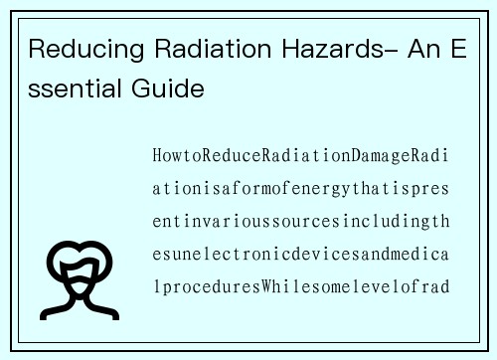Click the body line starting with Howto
coord(301,156)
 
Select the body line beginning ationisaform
coord(301,189)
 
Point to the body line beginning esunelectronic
coord(301,255)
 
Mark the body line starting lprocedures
coord(301,287)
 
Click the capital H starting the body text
coord(158,156)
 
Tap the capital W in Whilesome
coord(268,287)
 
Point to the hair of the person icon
coord(81,251)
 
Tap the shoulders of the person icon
coord(81,301)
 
